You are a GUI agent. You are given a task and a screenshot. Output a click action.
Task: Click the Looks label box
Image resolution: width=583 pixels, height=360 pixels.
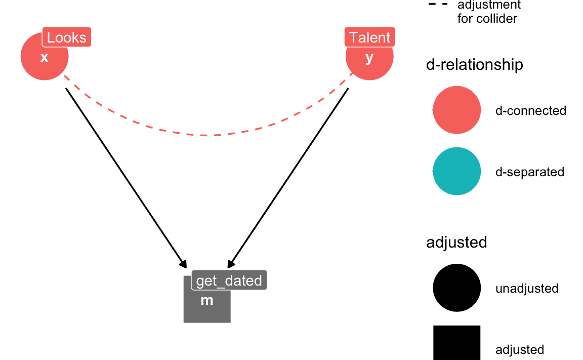coord(67,37)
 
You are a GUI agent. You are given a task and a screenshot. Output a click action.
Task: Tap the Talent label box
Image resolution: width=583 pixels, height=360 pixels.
coord(369,37)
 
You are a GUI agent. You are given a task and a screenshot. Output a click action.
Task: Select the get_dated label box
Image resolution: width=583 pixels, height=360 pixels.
coord(229,280)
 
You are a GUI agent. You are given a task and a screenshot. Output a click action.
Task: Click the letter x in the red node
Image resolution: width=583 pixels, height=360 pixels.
coord(44,58)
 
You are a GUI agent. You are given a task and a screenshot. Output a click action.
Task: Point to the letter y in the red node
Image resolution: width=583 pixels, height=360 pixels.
coord(369,58)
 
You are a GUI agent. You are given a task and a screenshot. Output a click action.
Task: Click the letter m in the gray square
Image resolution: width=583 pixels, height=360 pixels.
coord(206,300)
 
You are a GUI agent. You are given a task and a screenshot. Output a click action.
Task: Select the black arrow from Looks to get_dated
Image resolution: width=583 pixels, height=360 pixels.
coord(126,178)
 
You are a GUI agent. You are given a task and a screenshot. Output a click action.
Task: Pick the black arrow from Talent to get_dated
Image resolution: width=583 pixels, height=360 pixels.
coord(288,178)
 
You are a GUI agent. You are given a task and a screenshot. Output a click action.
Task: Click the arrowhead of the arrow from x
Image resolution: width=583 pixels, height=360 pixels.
coord(183,264)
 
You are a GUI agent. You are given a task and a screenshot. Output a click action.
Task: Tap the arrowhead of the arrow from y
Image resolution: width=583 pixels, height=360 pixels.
coord(231,264)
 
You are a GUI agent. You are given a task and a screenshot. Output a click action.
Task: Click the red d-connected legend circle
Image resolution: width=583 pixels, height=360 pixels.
coord(456,110)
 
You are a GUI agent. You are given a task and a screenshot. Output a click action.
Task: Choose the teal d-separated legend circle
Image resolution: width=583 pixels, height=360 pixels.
coord(456,171)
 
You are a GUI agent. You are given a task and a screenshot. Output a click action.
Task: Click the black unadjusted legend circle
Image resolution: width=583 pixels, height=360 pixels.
coord(456,288)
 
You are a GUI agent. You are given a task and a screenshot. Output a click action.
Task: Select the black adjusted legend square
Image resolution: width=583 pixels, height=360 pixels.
coord(456,343)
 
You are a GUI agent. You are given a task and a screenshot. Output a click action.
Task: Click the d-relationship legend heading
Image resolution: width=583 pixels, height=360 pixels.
coord(474,65)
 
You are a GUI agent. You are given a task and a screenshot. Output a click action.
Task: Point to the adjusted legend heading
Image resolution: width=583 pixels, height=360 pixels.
coord(456,243)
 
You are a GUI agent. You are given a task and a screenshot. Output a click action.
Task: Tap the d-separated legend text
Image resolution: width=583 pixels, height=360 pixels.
coord(530,172)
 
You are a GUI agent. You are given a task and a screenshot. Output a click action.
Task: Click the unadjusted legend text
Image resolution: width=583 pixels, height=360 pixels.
coord(527,289)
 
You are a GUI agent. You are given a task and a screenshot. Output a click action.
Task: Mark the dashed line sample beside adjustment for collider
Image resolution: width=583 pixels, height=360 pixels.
coord(438,5)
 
